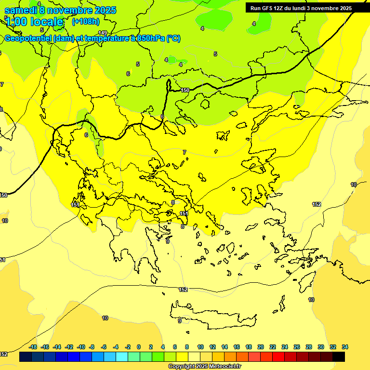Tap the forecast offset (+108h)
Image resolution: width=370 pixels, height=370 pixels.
coord(85,21)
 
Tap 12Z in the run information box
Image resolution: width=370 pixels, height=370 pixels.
coord(279,8)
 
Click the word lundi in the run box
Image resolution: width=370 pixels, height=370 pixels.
coord(303,8)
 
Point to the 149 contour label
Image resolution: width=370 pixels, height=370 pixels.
coord(103,33)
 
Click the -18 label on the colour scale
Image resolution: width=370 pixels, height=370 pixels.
coord(33,347)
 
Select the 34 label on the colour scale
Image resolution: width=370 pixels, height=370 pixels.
coord(345,347)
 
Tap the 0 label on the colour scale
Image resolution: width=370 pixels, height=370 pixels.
coord(139,347)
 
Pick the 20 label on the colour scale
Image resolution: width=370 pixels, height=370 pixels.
coord(261,347)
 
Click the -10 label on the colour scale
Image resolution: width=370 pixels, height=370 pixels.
coord(81,347)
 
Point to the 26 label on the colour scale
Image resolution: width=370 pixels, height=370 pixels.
coord(297,347)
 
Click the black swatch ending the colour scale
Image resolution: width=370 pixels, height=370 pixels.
coord(339,357)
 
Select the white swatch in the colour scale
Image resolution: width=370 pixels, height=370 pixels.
coord(194,357)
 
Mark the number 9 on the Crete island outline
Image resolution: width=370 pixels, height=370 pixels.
coord(179,321)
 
